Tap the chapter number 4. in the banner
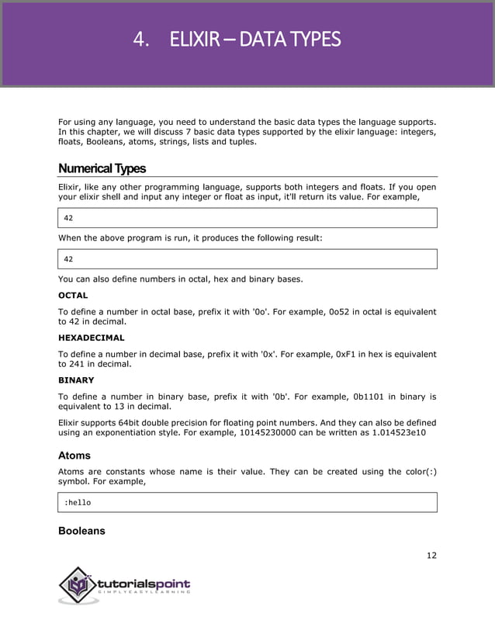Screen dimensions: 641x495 140,39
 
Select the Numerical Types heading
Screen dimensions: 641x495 102,168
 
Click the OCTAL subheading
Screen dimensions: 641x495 73,296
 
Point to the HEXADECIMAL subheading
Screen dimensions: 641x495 92,338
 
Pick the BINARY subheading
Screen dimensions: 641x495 76,380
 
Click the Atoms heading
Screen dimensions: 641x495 74,456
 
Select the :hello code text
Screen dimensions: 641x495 77,503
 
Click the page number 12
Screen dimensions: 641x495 431,555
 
